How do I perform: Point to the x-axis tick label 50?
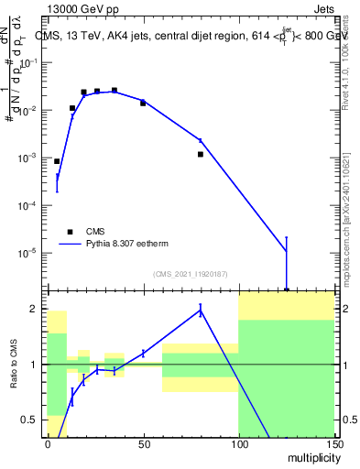click(143, 443)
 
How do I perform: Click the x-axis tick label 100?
click(238, 443)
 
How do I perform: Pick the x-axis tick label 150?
click(333, 443)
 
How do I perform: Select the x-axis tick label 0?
click(48, 443)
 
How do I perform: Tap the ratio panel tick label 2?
click(37, 310)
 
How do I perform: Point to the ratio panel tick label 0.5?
click(33, 420)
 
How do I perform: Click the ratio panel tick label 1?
click(37, 365)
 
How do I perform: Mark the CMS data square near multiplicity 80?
click(200, 154)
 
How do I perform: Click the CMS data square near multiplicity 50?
click(143, 104)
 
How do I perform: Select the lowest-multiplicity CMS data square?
click(57, 161)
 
